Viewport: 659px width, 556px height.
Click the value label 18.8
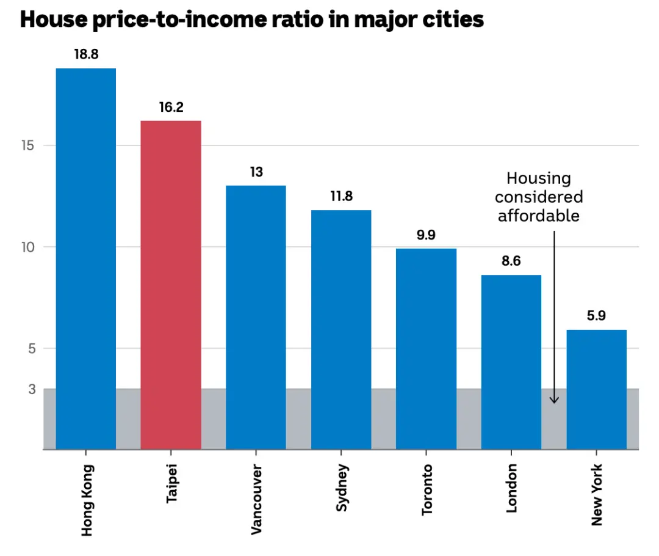(86, 54)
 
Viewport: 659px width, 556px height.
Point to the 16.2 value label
(171, 108)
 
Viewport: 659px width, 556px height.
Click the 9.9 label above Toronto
(426, 235)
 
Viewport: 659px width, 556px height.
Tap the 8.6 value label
(511, 262)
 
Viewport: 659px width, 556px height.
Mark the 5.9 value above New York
(596, 316)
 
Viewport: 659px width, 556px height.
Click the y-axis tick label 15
(32, 145)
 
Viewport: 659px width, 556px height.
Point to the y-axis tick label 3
(32, 389)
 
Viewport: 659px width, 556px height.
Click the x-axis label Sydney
(342, 489)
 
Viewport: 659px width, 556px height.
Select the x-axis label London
(511, 488)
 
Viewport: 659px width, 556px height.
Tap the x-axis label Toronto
(427, 489)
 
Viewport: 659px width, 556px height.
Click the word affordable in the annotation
(538, 216)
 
